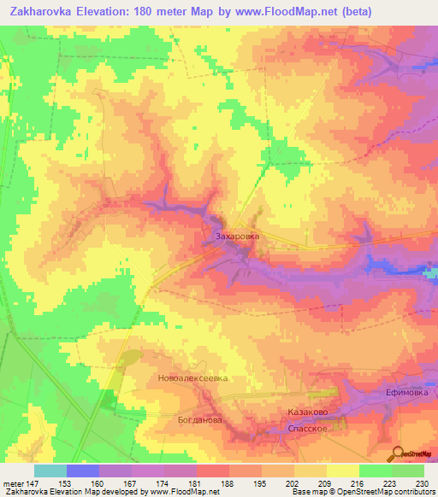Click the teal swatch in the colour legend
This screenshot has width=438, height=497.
(x=50, y=471)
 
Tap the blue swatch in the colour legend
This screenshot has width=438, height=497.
(x=82, y=471)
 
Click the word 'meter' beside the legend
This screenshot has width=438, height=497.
(x=13, y=482)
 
